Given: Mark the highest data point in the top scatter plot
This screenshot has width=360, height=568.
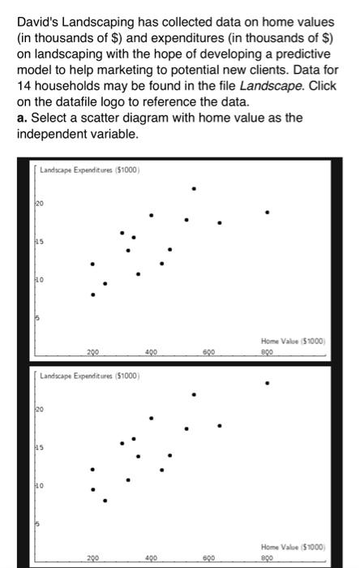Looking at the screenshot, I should pyautogui.click(x=193, y=188).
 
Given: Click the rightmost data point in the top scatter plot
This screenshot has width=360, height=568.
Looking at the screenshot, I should pyautogui.click(x=268, y=213).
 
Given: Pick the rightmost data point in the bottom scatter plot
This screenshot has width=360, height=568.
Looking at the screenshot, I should pyautogui.click(x=268, y=382).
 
